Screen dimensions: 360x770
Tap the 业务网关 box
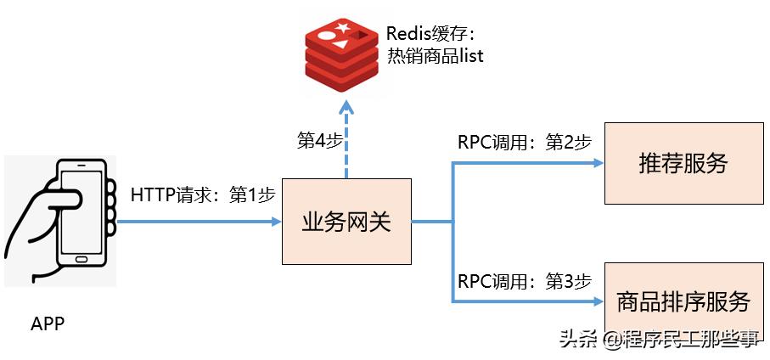click(x=346, y=222)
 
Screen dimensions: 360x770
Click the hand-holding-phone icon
click(x=59, y=221)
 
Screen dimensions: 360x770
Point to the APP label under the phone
click(x=48, y=323)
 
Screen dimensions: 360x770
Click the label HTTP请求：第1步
click(x=203, y=194)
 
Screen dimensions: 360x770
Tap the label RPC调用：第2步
click(x=525, y=143)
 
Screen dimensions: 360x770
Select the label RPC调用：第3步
click(x=525, y=281)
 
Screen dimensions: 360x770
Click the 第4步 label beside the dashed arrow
click(x=319, y=141)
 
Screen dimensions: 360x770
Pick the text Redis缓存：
click(x=430, y=34)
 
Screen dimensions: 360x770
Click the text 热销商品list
click(x=436, y=56)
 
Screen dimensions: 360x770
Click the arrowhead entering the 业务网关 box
click(x=275, y=222)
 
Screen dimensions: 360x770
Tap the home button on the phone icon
click(x=81, y=259)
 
